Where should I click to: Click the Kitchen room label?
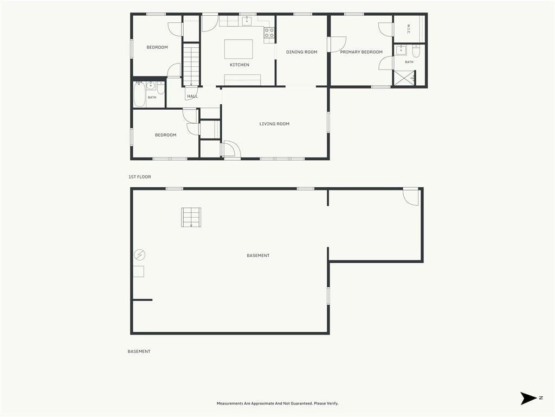[x=240, y=65]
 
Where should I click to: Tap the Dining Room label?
[x=301, y=52]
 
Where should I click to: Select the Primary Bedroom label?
[x=362, y=52]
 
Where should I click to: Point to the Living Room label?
[x=274, y=124]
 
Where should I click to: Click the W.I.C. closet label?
[x=409, y=29]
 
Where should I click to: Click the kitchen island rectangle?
[x=238, y=49]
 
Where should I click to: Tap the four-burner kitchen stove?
[x=269, y=33]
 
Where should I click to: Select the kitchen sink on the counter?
[x=247, y=21]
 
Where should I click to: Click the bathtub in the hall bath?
[x=139, y=94]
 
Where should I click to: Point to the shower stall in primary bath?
[x=404, y=78]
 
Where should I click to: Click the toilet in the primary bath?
[x=416, y=52]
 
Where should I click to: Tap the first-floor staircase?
[x=191, y=64]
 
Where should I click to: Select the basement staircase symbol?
[x=191, y=217]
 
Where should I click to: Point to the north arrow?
[x=528, y=398]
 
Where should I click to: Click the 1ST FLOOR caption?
[x=140, y=176]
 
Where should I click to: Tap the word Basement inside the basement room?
[x=258, y=255]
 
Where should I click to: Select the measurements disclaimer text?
[x=277, y=403]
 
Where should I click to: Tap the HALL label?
[x=192, y=96]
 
